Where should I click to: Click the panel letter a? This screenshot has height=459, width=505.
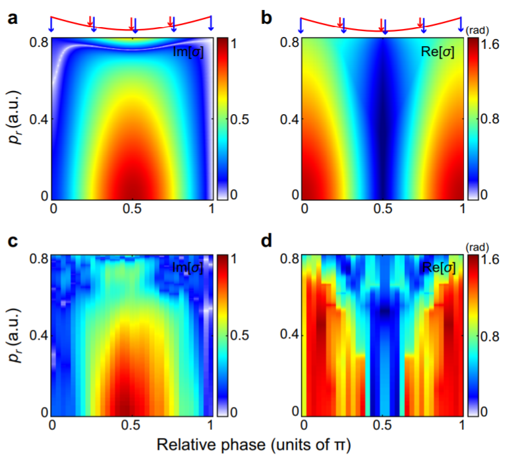coord(13,18)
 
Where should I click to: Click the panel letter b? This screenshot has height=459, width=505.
coord(266,18)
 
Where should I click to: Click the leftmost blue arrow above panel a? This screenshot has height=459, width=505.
coord(52,24)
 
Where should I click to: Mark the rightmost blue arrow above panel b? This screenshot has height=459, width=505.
coord(461,24)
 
